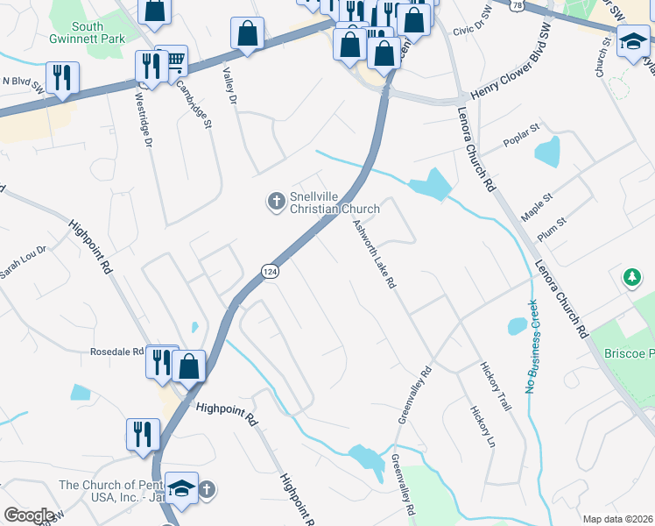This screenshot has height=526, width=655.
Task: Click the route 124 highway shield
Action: tap(271, 273)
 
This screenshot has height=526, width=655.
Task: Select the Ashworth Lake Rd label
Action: tap(375, 254)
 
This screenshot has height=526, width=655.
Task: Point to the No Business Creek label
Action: tap(530, 346)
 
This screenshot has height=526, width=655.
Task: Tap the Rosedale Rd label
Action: tap(117, 352)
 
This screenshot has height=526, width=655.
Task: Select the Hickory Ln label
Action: tap(478, 424)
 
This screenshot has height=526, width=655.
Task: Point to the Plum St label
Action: tap(553, 228)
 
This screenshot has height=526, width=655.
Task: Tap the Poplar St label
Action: tap(518, 143)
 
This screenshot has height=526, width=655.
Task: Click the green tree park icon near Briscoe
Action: tap(631, 278)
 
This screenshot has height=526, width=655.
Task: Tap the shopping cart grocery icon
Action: tap(174, 60)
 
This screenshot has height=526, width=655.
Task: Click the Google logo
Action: tap(29, 515)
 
